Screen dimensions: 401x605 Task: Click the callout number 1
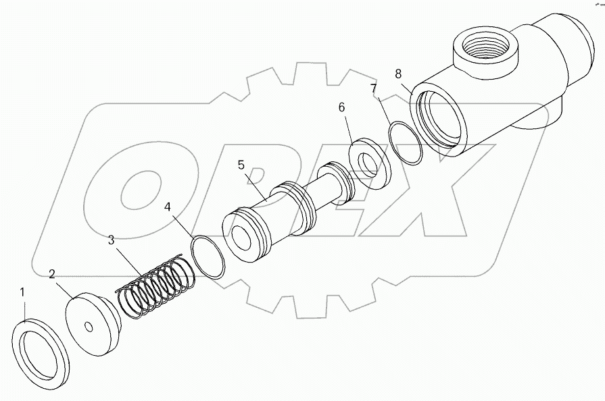(22, 292)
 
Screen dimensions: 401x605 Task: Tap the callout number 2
(52, 274)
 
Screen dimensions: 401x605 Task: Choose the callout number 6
(341, 108)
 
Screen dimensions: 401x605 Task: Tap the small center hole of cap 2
(89, 327)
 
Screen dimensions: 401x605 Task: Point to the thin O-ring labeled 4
(208, 256)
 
